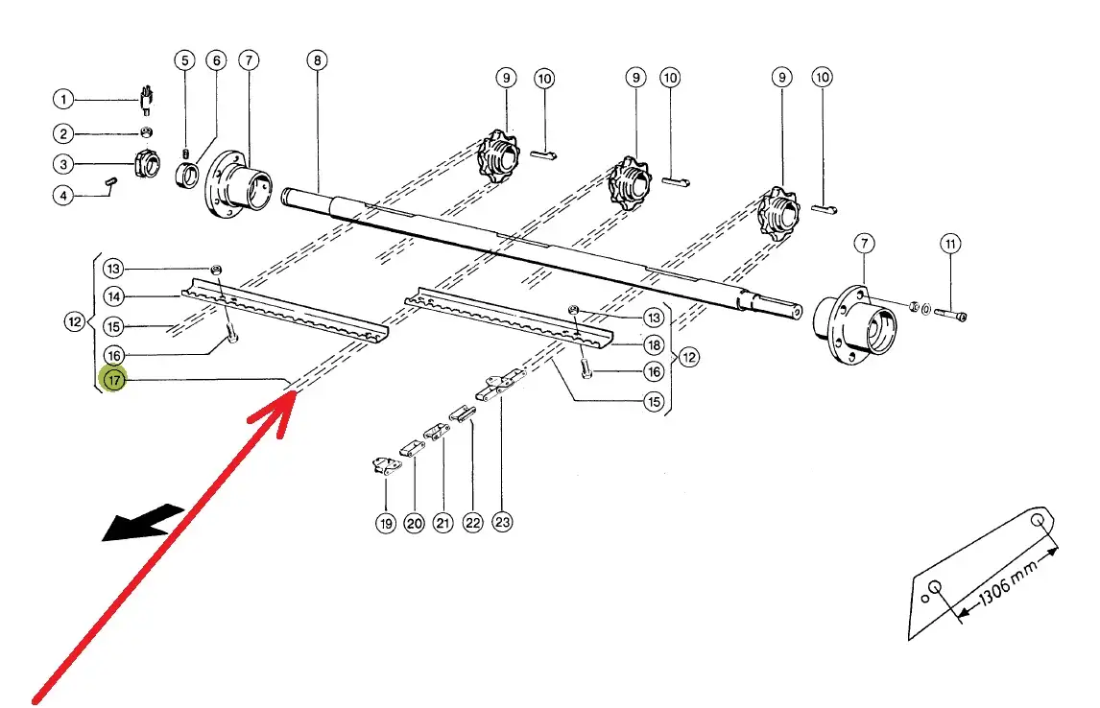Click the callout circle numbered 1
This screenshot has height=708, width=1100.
point(62,99)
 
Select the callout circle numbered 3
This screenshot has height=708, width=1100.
point(62,164)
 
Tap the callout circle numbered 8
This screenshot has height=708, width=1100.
point(318,60)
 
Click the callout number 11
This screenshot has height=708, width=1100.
point(949,245)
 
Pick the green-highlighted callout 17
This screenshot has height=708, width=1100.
point(114,380)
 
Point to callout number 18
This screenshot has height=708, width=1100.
point(654,345)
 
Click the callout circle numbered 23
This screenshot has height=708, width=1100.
point(502,523)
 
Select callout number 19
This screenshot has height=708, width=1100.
point(385,523)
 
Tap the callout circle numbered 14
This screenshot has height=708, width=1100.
point(114,296)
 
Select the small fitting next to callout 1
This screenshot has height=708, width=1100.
point(147,98)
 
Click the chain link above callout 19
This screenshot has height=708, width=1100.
point(385,467)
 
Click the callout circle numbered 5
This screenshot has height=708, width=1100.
point(183,60)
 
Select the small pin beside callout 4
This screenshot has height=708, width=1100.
point(111,183)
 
